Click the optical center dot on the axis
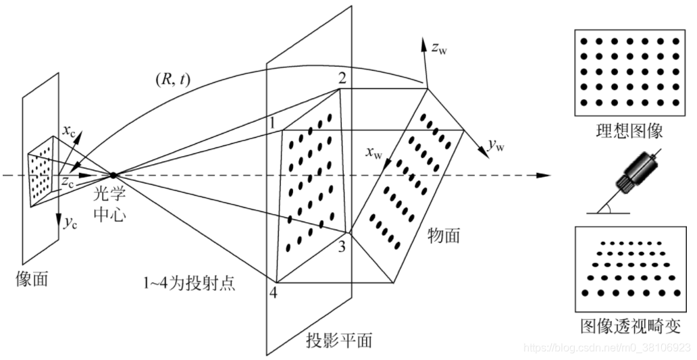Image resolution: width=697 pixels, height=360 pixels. pos(113,176)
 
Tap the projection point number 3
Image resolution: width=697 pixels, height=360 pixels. pos(342,247)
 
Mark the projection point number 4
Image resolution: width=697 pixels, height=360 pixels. pos(274,293)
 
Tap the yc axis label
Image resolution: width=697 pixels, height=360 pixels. pos(70,225)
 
